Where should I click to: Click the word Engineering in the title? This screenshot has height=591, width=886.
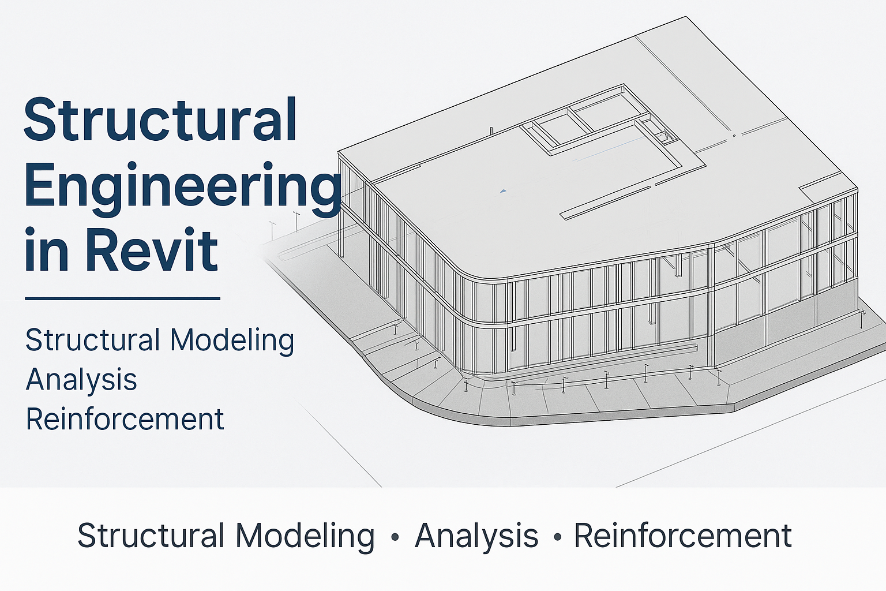click(183, 190)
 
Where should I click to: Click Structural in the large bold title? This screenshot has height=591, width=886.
click(160, 119)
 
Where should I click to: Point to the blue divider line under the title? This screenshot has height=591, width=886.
click(123, 299)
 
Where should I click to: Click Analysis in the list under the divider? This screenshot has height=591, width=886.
click(81, 380)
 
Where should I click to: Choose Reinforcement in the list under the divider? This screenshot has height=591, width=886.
click(125, 419)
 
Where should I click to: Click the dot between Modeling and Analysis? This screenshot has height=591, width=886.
click(395, 537)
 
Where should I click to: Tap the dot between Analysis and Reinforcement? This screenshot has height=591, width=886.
click(558, 537)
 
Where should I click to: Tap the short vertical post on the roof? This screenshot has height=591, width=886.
click(491, 132)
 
